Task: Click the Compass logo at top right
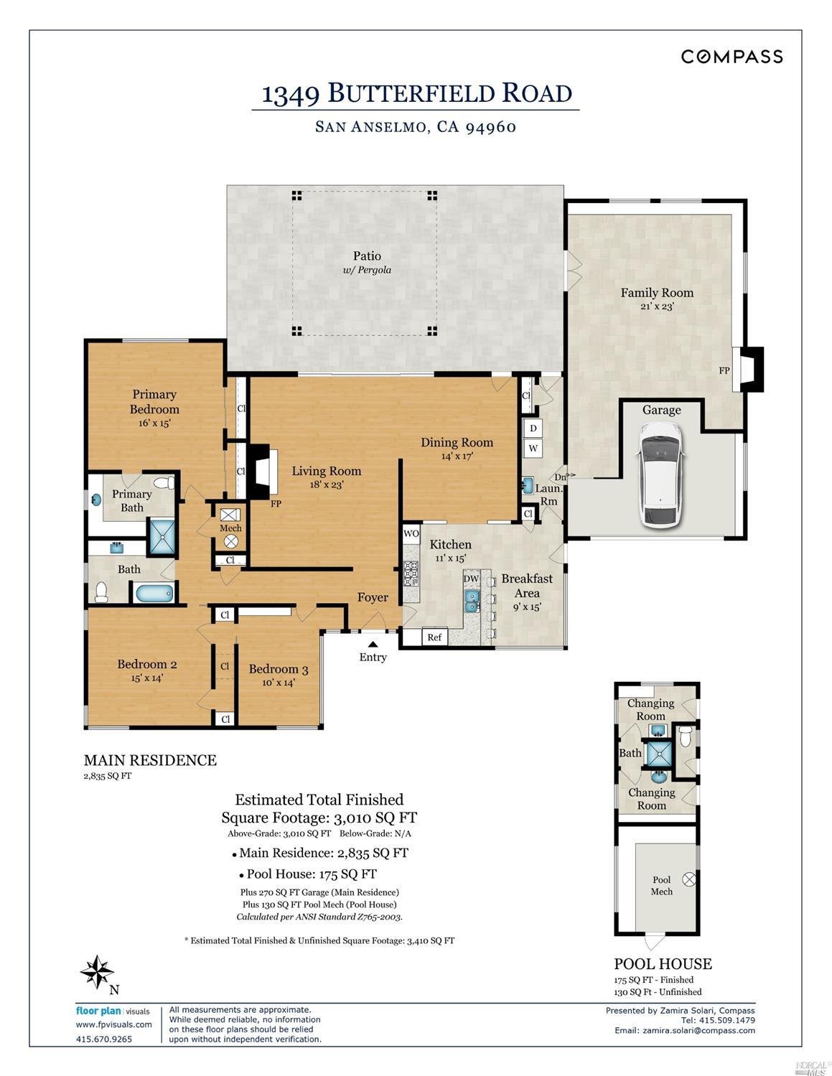point(731,57)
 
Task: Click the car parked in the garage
point(661,474)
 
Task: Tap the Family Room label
point(657,293)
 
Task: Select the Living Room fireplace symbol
point(260,472)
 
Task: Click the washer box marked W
point(533,449)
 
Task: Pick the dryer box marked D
point(533,429)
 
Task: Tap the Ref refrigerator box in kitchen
point(434,637)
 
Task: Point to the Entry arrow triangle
point(373,644)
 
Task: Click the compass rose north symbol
point(97,973)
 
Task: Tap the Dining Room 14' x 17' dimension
point(457,456)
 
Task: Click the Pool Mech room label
point(661,885)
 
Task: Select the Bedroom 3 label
point(279,669)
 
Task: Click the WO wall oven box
point(411,533)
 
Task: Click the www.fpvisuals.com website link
point(113,1024)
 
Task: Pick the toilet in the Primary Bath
point(165,482)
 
